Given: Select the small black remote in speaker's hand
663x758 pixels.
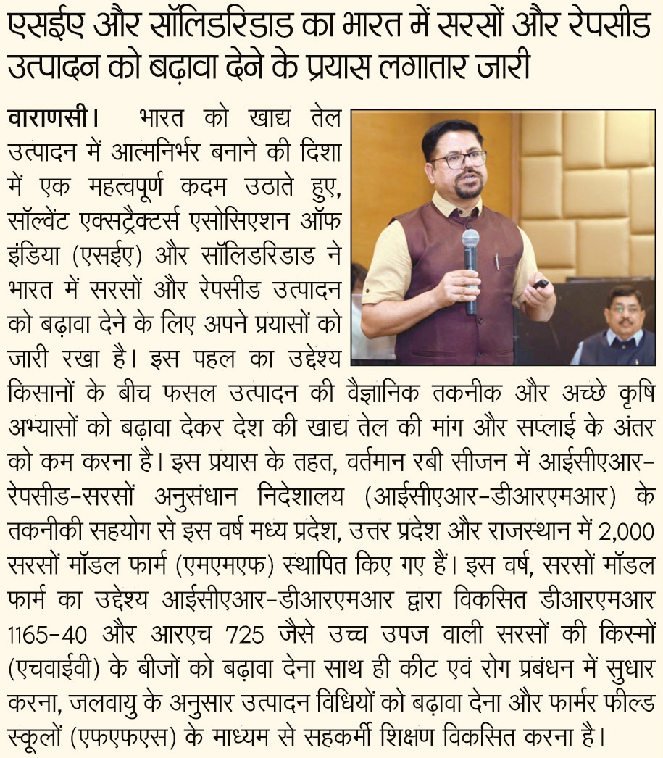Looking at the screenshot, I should click(541, 283).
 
